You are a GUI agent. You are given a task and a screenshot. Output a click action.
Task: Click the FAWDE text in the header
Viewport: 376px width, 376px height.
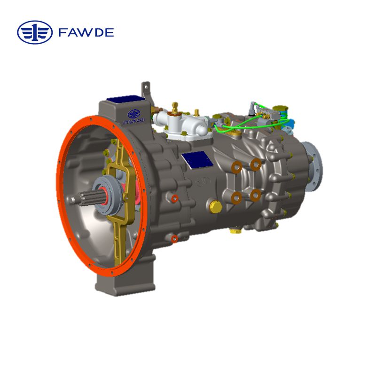click(x=86, y=32)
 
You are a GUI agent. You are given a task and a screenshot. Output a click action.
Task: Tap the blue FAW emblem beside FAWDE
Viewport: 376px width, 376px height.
click(x=35, y=32)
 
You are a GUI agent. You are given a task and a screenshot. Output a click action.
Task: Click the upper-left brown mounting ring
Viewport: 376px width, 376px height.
click(x=236, y=166)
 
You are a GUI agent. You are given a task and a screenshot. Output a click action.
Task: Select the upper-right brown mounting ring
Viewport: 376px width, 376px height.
click(x=256, y=164)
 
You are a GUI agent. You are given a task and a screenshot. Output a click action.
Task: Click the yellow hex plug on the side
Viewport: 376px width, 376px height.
click(x=216, y=206)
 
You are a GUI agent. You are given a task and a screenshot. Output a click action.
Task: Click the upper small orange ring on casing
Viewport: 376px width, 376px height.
click(x=174, y=199)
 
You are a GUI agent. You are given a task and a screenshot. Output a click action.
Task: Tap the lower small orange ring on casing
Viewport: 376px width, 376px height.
click(x=174, y=239)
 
